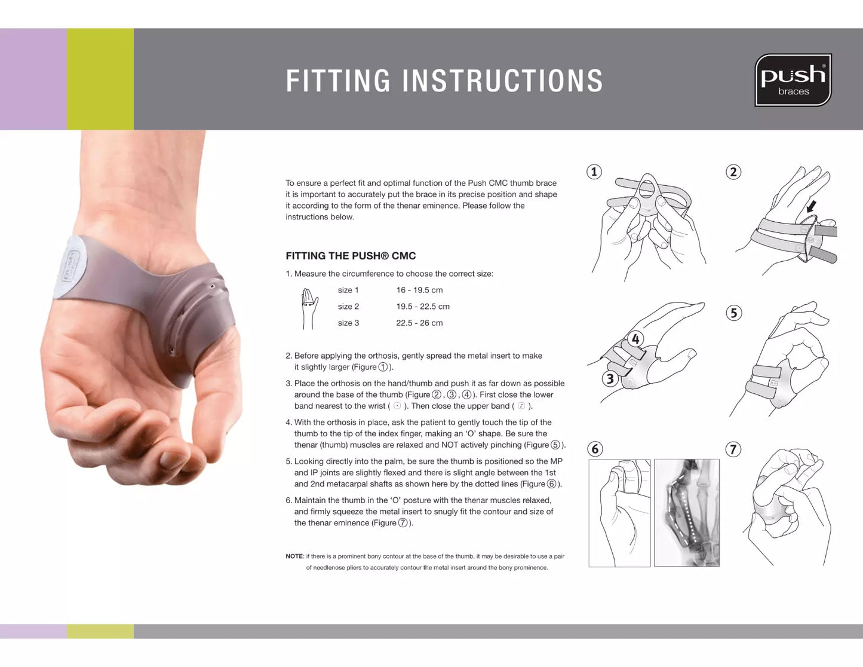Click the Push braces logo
793,80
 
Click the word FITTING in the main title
338,81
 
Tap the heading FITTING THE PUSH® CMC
351,256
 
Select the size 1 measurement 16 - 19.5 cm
419,290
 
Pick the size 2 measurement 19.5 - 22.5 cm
422,307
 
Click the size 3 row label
348,323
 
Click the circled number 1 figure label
594,172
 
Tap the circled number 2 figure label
733,172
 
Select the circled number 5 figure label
733,313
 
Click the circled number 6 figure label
594,449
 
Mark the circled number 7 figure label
733,449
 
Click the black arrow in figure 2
811,207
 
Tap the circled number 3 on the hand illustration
610,378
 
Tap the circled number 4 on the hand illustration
635,339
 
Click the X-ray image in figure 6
686,513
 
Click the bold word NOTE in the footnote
294,556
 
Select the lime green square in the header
100,79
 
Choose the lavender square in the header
33,79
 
